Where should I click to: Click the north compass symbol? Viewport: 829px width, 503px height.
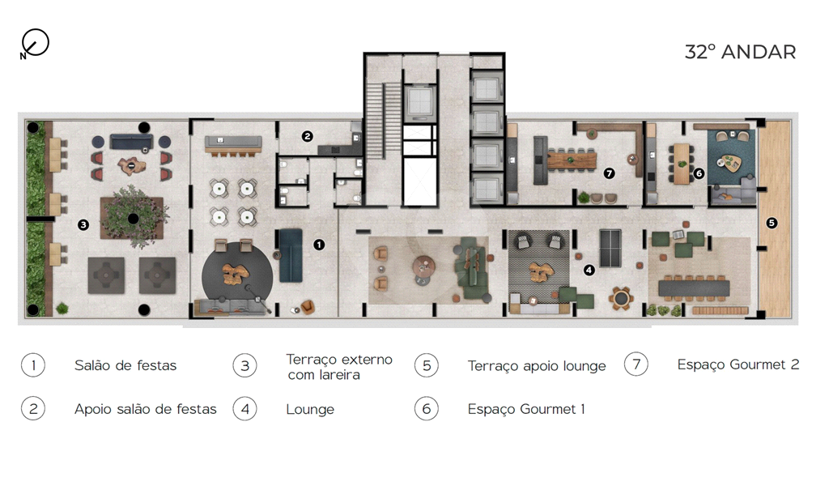[35, 43]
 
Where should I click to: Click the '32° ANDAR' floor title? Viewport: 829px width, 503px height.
[740, 52]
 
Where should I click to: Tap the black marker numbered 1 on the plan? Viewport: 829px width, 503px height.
[319, 245]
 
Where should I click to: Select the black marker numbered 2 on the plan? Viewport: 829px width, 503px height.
[307, 136]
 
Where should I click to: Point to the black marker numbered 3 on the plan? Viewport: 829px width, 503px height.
[83, 225]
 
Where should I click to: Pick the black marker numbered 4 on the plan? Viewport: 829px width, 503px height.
[589, 271]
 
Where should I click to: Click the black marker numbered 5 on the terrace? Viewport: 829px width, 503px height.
[772, 223]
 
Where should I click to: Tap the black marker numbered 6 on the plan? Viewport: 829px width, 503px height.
[699, 173]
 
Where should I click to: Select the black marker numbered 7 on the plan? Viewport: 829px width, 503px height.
[609, 173]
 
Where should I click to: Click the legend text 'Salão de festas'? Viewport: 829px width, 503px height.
[125, 365]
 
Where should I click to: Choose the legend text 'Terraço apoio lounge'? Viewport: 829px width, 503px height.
[537, 366]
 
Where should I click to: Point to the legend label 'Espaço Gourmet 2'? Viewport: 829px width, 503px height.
[738, 364]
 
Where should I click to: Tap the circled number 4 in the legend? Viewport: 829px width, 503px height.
[244, 409]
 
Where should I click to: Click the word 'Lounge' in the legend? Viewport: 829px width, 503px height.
[310, 409]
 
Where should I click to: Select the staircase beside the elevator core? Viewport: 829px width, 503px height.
[384, 120]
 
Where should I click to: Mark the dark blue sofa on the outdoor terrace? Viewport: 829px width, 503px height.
[132, 142]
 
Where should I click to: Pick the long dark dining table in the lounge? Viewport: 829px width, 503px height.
[694, 288]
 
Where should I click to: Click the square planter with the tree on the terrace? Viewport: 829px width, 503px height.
[132, 217]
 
